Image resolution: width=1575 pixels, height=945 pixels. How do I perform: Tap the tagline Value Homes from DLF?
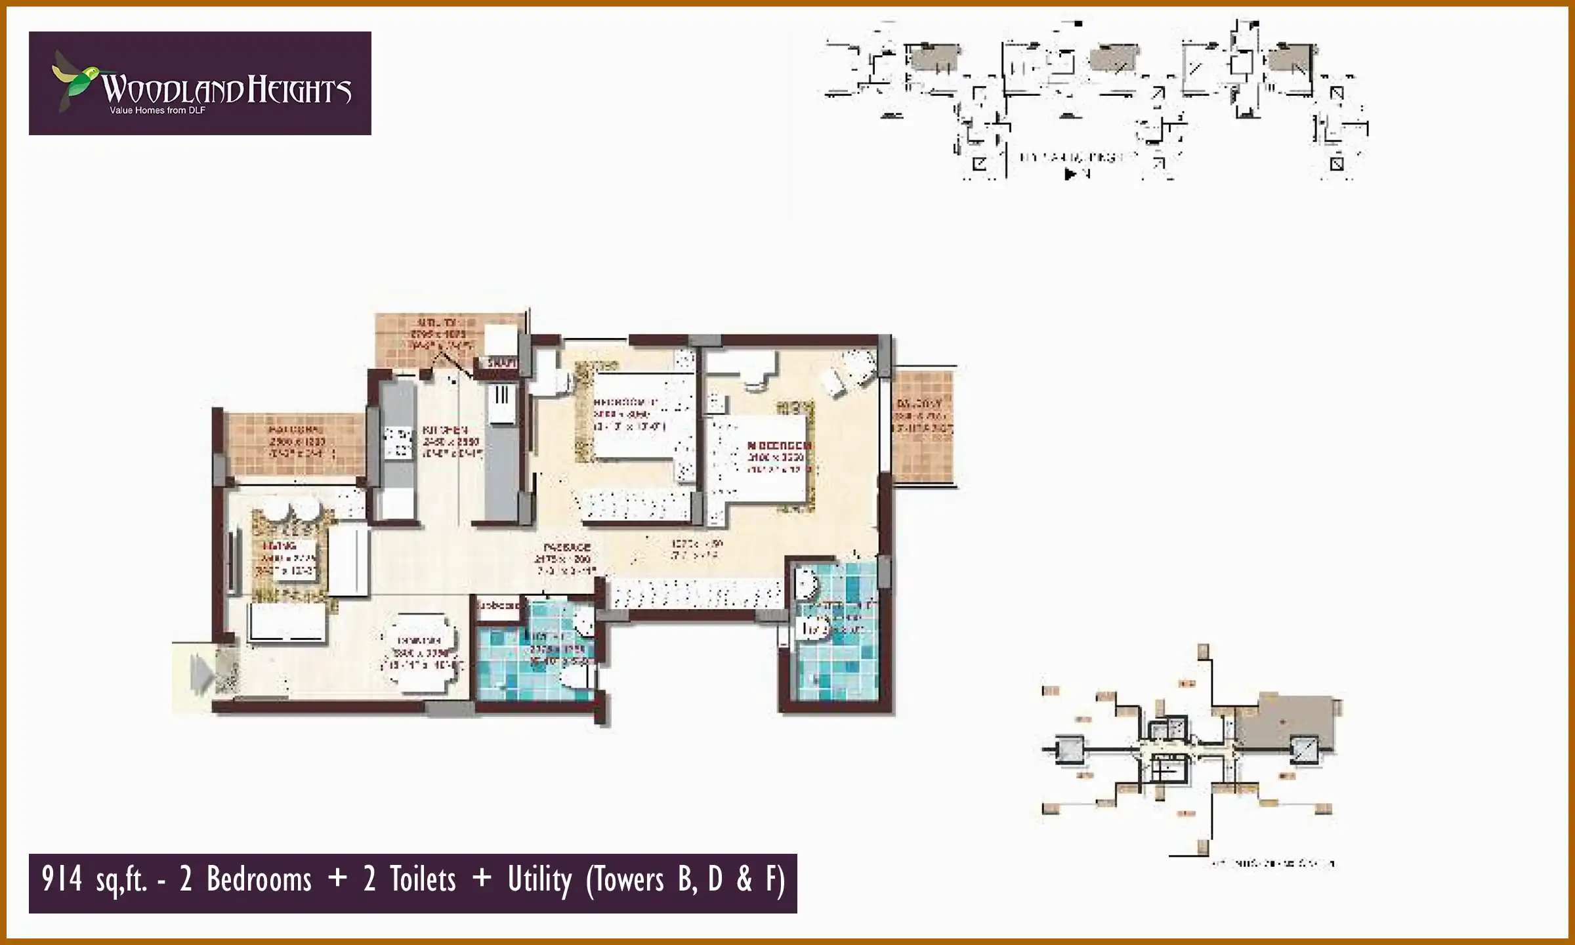tap(157, 110)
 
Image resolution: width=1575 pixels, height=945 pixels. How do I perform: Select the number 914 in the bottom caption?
tap(62, 879)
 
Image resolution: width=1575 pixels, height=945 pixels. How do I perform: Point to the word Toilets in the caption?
tap(423, 879)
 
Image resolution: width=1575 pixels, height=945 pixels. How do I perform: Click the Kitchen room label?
tap(445, 430)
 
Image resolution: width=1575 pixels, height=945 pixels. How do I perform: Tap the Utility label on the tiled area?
tap(437, 323)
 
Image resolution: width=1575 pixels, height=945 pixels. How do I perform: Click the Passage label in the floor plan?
tap(567, 547)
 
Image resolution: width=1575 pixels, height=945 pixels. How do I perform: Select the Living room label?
tap(280, 546)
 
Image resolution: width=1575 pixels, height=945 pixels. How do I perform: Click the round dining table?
tap(420, 652)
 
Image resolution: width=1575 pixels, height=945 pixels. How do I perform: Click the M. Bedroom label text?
tap(778, 446)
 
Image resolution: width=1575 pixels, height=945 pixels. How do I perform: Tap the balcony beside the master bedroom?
tap(923, 427)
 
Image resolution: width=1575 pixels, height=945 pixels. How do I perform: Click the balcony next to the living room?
tap(295, 444)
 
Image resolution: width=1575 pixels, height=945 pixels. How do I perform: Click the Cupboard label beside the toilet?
tap(499, 606)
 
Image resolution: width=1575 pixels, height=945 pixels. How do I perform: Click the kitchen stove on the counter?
tap(397, 442)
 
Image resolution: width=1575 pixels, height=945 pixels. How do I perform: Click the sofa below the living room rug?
tap(287, 621)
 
